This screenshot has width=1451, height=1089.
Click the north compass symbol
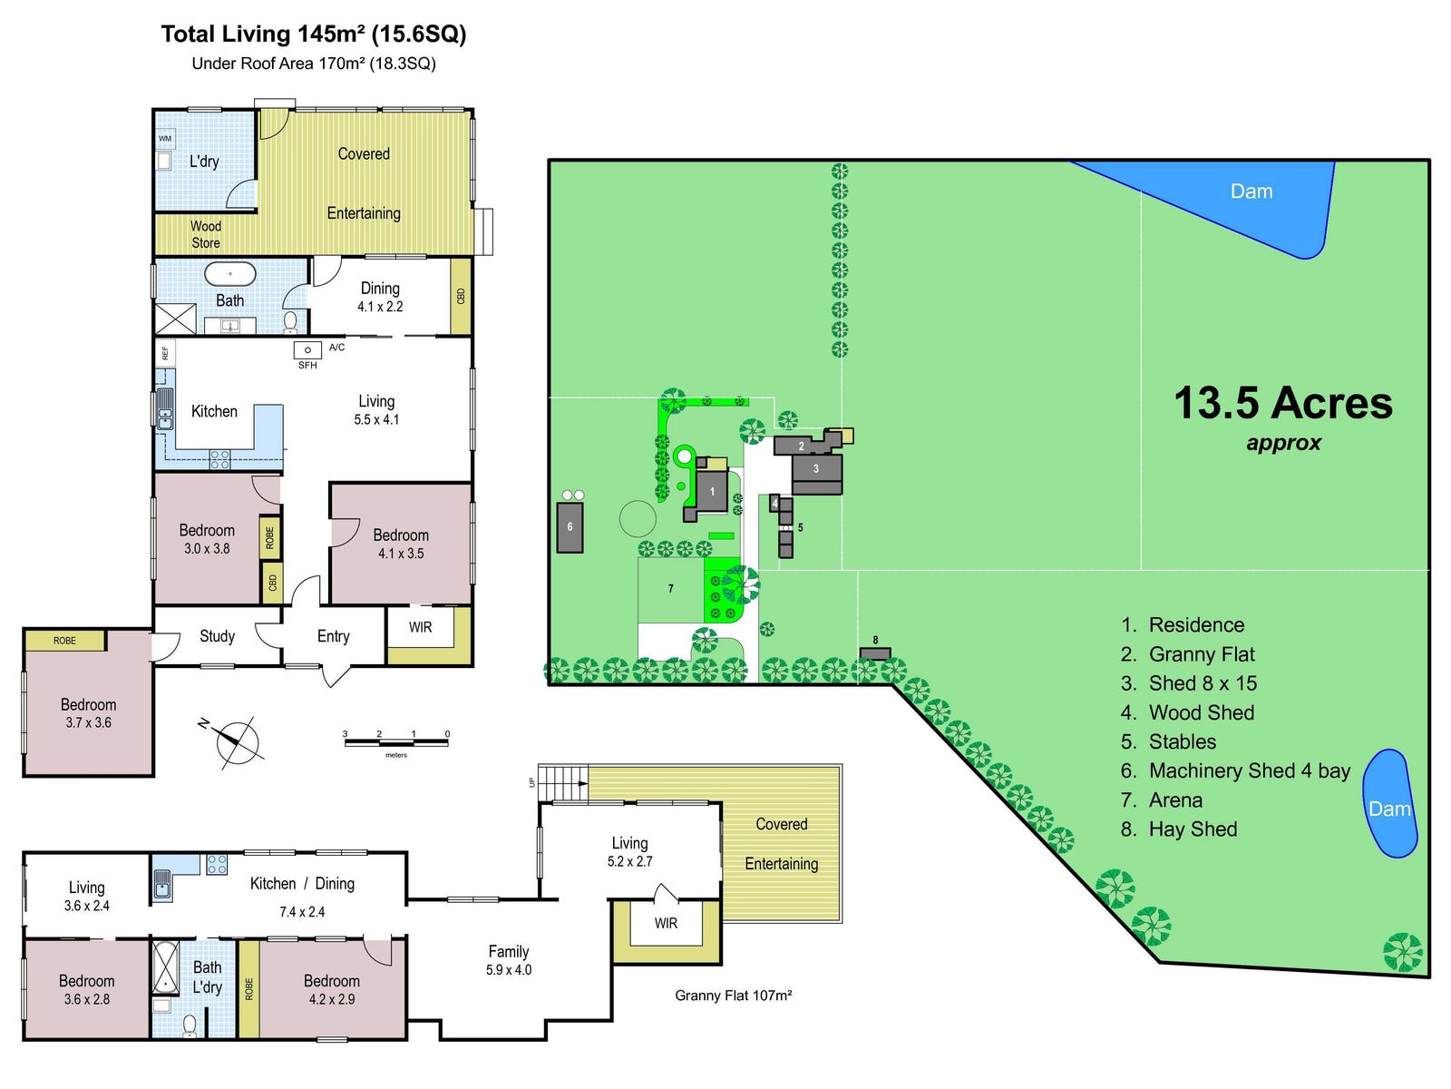click(x=237, y=741)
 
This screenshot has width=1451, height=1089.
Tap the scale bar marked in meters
click(x=396, y=743)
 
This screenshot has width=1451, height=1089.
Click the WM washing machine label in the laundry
click(x=165, y=139)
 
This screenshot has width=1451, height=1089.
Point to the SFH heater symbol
click(x=307, y=351)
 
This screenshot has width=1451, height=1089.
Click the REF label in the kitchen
click(x=165, y=353)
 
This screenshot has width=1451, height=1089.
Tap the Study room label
click(x=217, y=636)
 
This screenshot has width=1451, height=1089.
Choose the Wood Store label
click(x=206, y=234)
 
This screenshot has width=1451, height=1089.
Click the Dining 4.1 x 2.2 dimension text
click(x=380, y=307)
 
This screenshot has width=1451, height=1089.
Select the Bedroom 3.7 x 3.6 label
click(x=88, y=713)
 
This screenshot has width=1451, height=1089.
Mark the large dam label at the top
click(x=1251, y=191)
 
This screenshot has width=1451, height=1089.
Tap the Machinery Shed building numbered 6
click(x=570, y=526)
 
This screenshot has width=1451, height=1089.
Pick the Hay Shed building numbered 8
click(x=875, y=653)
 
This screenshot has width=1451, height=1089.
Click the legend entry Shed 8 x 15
click(x=1203, y=683)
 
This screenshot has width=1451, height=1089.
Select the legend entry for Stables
click(x=1182, y=741)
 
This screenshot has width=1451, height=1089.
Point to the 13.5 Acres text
click(x=1282, y=404)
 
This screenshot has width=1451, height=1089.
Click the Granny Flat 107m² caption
click(x=733, y=996)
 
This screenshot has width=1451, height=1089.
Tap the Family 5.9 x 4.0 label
click(x=508, y=960)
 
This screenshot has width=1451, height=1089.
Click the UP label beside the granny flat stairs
click(x=532, y=781)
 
